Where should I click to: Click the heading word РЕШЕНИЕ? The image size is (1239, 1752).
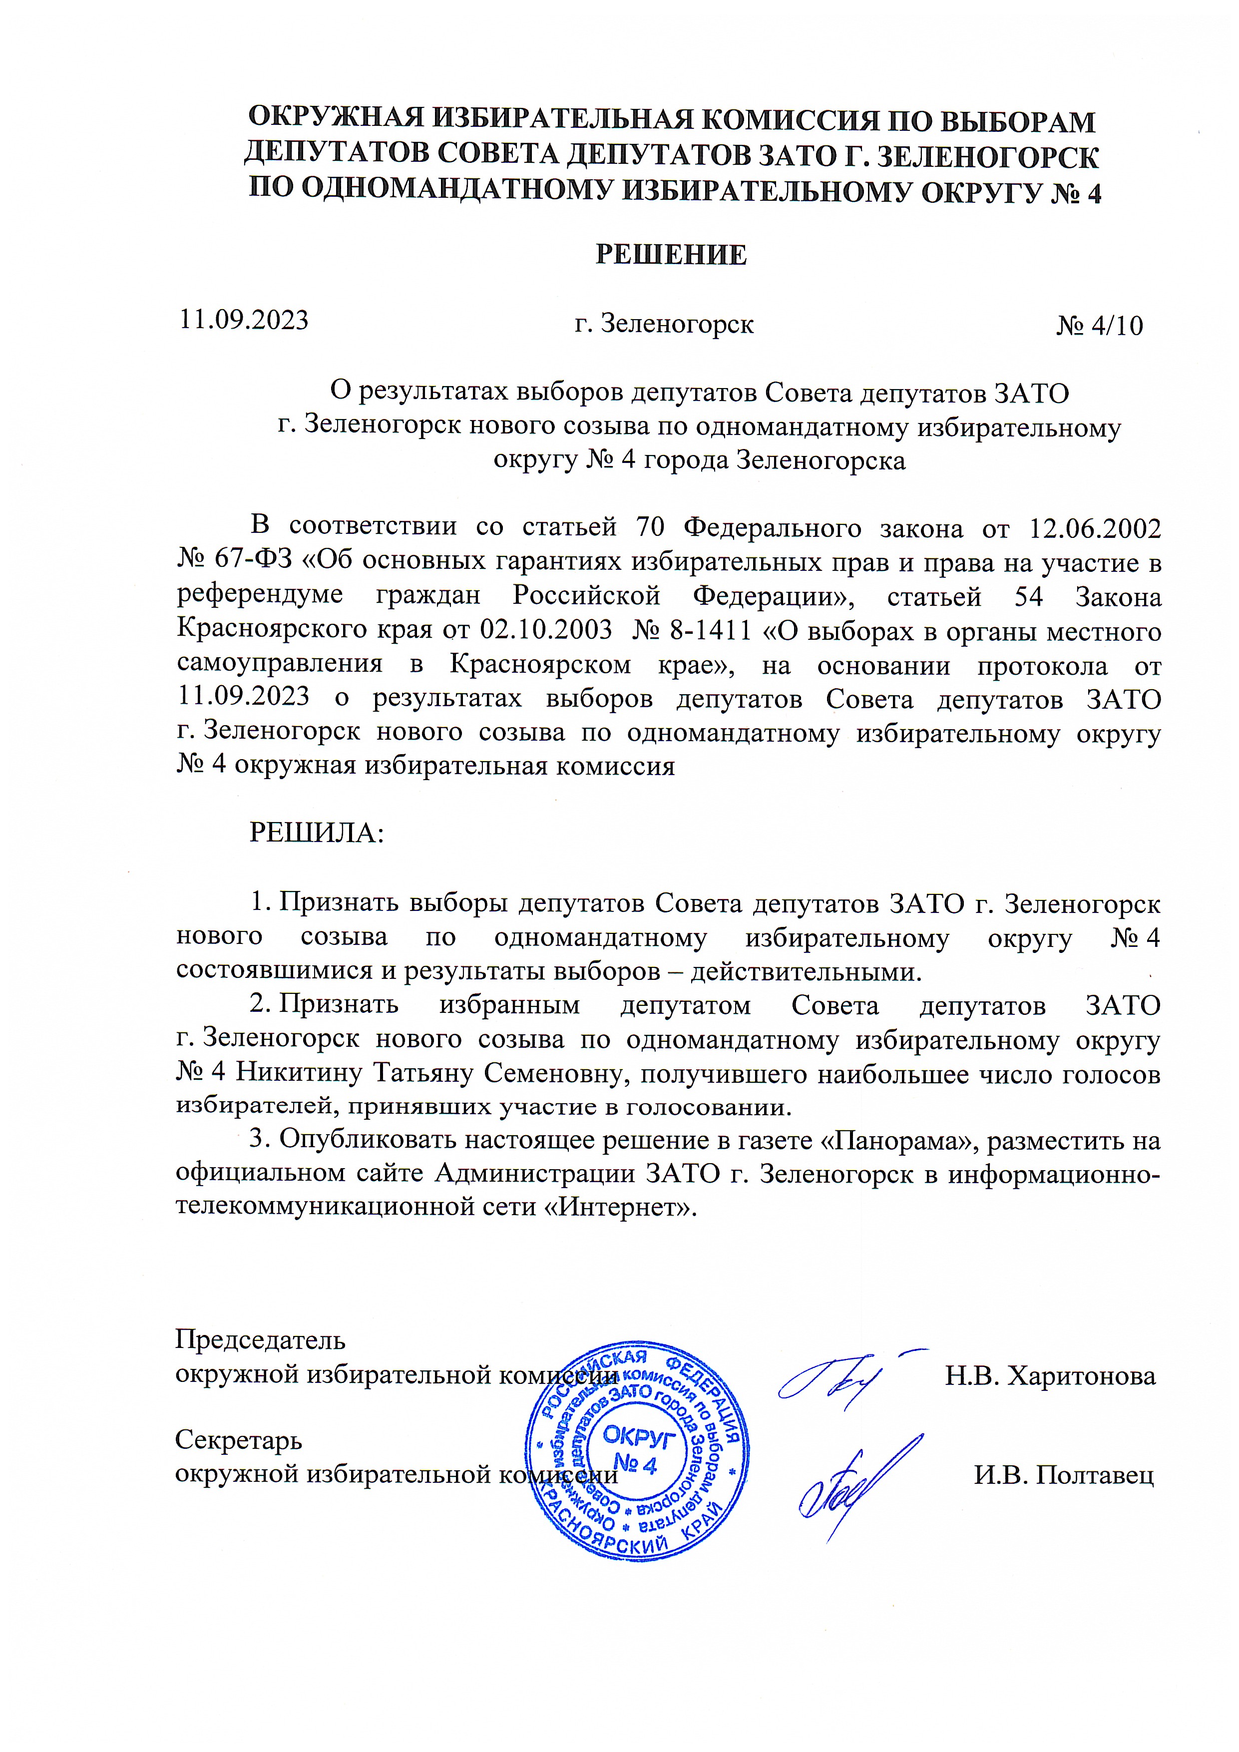point(671,254)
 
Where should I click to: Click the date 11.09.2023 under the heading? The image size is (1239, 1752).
point(243,320)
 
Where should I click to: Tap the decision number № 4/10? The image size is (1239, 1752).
point(1099,326)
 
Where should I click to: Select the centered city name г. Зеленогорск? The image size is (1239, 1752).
point(664,324)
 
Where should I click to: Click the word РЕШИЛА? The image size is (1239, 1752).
point(317,833)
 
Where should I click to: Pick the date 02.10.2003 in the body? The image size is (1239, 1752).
point(545,631)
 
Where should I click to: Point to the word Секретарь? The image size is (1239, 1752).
point(239,1440)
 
